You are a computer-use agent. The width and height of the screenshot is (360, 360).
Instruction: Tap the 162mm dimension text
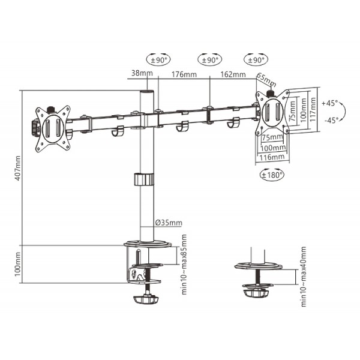click(233, 75)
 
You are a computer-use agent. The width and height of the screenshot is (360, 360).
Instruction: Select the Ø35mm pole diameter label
click(169, 223)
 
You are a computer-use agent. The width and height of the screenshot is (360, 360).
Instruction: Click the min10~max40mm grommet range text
click(304, 277)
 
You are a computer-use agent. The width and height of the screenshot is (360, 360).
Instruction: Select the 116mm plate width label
click(273, 157)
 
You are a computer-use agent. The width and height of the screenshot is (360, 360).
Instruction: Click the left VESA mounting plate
click(52, 127)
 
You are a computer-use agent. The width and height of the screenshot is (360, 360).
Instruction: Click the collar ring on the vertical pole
click(144, 180)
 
